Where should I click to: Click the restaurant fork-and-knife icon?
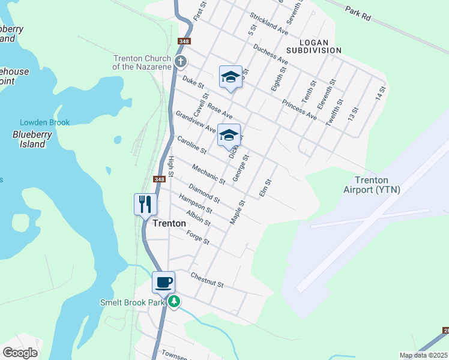point(145,205)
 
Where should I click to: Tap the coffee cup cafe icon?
point(163,283)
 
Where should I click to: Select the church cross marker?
point(181,62)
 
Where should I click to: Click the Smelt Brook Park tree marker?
point(174,301)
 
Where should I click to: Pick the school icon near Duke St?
point(231,77)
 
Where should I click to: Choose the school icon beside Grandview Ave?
point(229,136)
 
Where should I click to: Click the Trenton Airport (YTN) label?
point(372,185)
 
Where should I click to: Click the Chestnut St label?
point(206,280)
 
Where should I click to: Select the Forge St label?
point(197,238)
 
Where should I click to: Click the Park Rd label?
point(358,13)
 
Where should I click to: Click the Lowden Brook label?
point(44,122)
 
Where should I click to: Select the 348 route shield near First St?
point(184,41)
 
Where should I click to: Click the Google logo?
point(20,353)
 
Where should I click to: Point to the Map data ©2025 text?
point(424,355)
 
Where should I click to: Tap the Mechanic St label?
point(208,174)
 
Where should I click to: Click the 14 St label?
point(379,93)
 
